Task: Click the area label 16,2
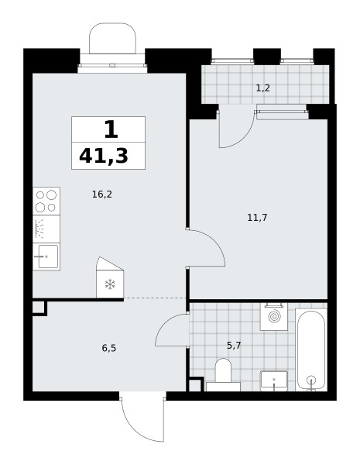[x=102, y=195]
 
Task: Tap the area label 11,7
[x=257, y=218]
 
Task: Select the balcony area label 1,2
[x=262, y=88]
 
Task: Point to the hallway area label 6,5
[x=109, y=348]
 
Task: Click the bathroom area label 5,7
[x=234, y=345]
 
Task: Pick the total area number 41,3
[x=104, y=156]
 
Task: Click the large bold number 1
[x=111, y=129]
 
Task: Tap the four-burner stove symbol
[x=46, y=201]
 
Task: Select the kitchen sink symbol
[x=46, y=257]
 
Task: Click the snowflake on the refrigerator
[x=110, y=284]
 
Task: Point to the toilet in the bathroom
[x=223, y=374]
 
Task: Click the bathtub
[x=311, y=350]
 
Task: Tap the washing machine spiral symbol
[x=274, y=316]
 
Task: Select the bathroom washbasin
[x=274, y=381]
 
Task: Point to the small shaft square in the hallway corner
[x=39, y=308]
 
